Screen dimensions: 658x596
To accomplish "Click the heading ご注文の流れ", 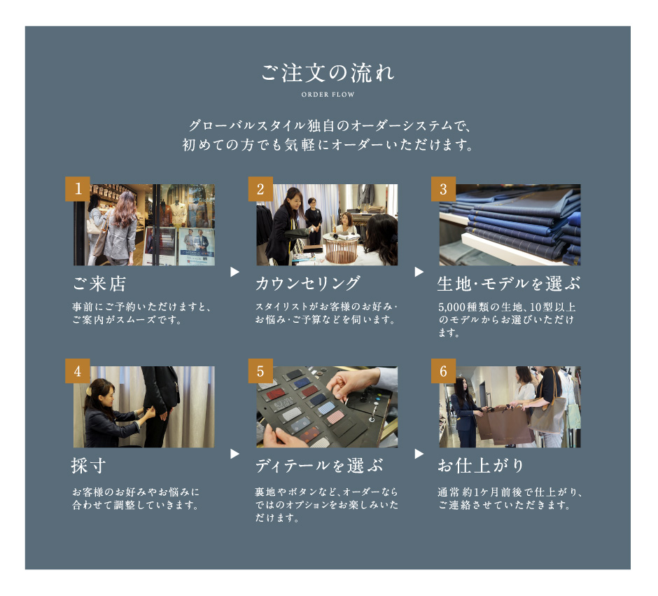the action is pos(328,73).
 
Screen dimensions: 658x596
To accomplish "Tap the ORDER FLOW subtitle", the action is pos(328,95).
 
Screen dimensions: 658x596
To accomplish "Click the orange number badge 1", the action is pos(78,189).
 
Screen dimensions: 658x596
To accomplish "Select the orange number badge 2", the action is pos(260,189).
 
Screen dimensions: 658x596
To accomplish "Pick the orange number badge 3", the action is pos(444,189).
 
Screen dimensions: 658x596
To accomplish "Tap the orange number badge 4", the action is pos(78,370).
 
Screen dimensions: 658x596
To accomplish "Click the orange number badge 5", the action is pos(260,370).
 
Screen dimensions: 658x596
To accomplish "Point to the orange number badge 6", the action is pos(444,370).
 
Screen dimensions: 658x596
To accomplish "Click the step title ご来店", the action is pos(99,284).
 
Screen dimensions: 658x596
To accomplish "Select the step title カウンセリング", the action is pos(307,284).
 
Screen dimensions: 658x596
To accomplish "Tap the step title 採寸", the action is pos(88,466).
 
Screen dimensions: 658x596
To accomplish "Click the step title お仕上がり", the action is pos(481,466).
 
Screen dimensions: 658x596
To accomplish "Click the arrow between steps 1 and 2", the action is pos(234,272).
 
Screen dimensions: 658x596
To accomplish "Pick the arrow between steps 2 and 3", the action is pos(419,272).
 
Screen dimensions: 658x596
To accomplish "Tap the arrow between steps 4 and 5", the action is pos(234,454).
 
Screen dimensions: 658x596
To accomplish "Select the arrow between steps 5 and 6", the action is pos(419,454).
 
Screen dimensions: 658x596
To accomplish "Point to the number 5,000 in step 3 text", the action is pos(452,307).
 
